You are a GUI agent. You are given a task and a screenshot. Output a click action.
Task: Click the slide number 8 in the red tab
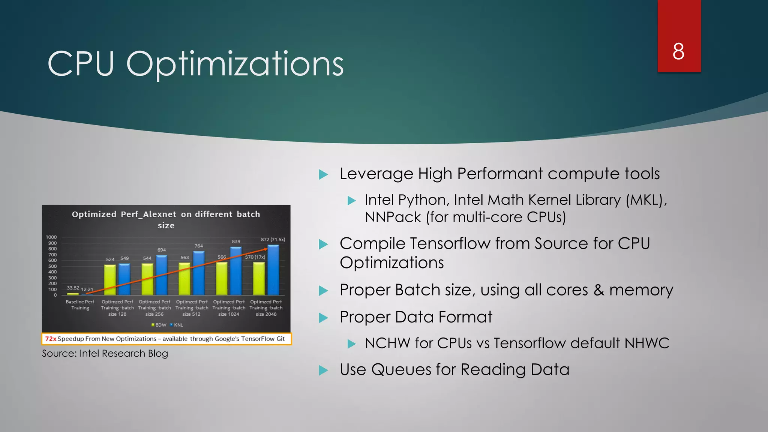(x=678, y=51)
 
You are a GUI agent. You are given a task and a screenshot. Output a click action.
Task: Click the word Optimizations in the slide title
(x=235, y=64)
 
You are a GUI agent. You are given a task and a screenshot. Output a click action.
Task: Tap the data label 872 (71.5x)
(x=273, y=239)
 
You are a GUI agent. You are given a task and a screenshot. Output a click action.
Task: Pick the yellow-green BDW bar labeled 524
(x=110, y=280)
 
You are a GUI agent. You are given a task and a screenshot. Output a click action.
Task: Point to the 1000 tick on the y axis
(x=51, y=237)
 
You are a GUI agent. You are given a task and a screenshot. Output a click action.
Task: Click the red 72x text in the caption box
(x=51, y=339)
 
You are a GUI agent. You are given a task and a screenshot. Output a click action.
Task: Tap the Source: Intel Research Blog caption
(x=105, y=353)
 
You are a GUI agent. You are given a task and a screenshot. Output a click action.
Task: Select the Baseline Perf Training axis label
(x=80, y=304)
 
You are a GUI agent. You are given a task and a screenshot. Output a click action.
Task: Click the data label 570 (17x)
(x=255, y=257)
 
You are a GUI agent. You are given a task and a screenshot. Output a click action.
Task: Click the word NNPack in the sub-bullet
(x=393, y=217)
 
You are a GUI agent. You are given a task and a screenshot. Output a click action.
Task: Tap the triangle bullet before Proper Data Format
(x=323, y=318)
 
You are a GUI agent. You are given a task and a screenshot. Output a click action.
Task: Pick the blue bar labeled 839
(x=236, y=271)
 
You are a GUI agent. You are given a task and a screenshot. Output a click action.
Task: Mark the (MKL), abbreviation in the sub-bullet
(x=646, y=200)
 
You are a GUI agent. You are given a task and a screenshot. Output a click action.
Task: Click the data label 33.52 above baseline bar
(x=73, y=288)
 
